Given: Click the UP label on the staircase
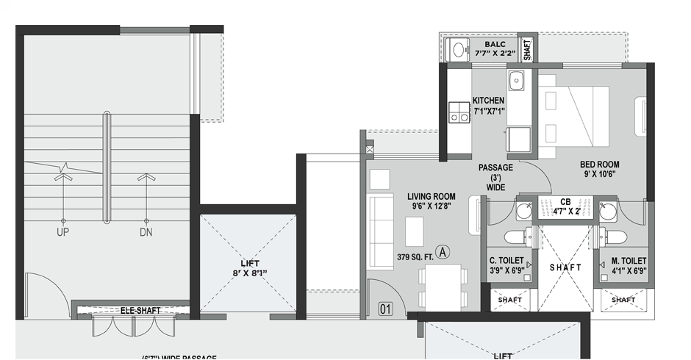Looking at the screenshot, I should (62, 232).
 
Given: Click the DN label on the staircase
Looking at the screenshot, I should (146, 232).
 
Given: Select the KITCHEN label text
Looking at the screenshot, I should (488, 101).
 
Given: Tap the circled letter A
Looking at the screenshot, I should (443, 251).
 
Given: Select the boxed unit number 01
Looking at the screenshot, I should (385, 308).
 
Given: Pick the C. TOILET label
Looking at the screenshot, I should (506, 261).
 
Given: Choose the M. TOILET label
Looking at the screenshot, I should (629, 261).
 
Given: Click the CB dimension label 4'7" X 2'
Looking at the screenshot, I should (565, 212).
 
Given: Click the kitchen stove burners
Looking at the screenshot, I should (459, 112).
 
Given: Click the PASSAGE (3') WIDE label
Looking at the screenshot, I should (495, 177).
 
